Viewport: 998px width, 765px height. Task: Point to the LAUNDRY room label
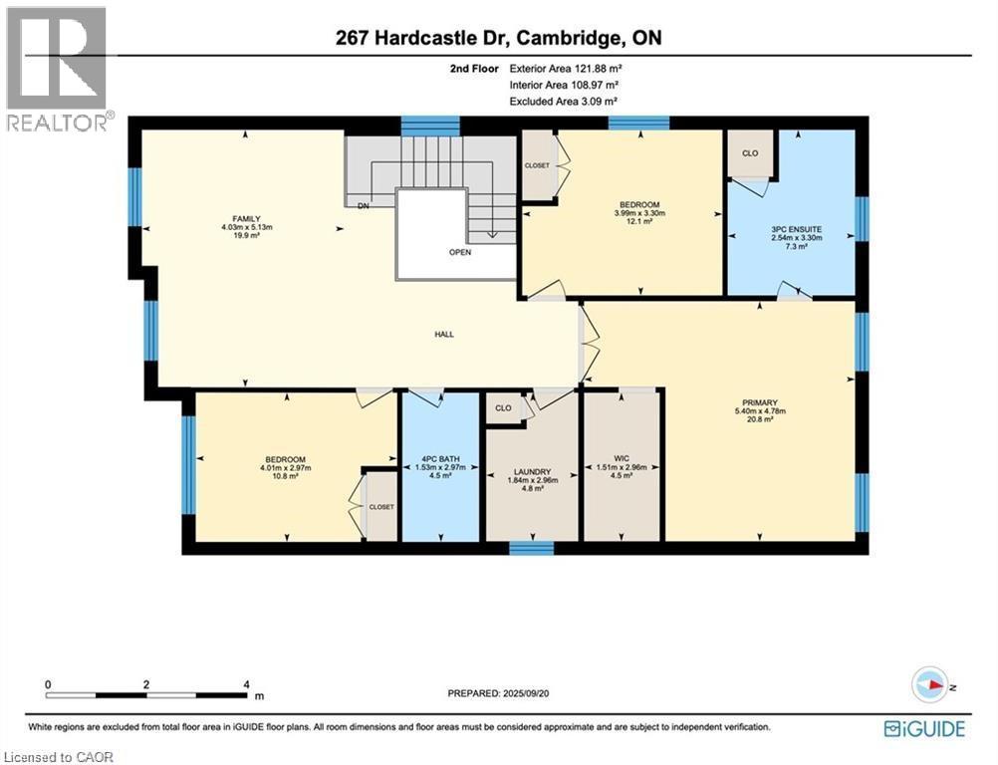click(x=532, y=473)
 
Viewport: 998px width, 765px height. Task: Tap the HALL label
click(x=444, y=334)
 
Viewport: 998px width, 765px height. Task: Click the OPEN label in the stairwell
click(x=459, y=252)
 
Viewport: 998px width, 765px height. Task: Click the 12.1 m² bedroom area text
click(x=637, y=221)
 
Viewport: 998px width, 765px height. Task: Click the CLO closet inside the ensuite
click(x=749, y=154)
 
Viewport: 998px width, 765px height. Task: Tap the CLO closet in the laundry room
click(x=504, y=407)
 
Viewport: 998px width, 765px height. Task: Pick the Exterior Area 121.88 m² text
click(x=567, y=70)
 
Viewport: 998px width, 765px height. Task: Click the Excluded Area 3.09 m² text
click(x=564, y=102)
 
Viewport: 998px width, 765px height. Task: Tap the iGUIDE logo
click(x=924, y=728)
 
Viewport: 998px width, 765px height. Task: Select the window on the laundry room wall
click(x=531, y=548)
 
